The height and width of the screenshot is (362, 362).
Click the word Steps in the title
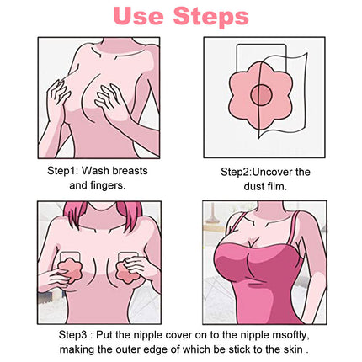pyautogui.click(x=211, y=17)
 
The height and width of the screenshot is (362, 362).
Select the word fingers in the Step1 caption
pyautogui.click(x=106, y=185)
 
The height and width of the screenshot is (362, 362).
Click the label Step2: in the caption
pyautogui.click(x=237, y=172)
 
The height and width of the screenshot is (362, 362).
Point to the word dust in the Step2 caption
pyautogui.click(x=253, y=186)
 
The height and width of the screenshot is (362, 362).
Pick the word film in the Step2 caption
pyautogui.click(x=277, y=186)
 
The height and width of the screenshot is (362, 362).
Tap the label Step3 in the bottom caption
pyautogui.click(x=73, y=335)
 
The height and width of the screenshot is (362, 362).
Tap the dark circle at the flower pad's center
pyautogui.click(x=261, y=94)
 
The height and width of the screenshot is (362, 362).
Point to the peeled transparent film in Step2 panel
pyautogui.click(x=297, y=93)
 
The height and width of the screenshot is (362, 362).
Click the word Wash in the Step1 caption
pyautogui.click(x=94, y=171)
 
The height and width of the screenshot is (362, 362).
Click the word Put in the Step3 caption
pyautogui.click(x=104, y=335)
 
